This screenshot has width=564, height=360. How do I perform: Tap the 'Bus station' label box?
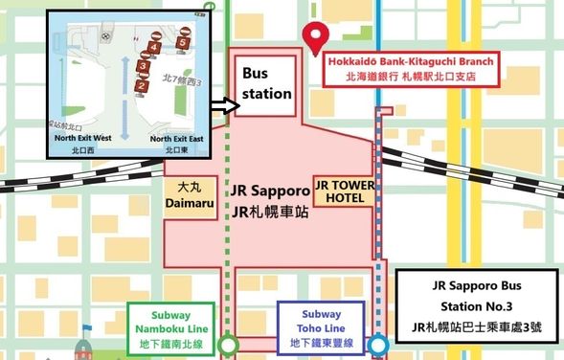click(266, 83)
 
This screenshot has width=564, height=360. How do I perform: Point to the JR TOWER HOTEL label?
click(345, 191)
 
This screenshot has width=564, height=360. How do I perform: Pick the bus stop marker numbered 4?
click(154, 45)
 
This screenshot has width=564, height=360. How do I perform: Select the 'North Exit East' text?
click(177, 139)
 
